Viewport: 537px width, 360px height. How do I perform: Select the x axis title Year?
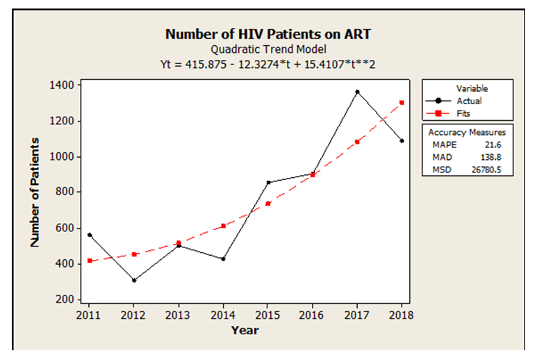[245, 330]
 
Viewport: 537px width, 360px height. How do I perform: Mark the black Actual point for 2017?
[358, 92]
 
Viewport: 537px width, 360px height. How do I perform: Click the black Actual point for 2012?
[134, 280]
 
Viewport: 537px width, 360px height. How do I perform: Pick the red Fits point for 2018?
[402, 103]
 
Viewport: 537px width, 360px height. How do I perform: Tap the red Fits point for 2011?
[90, 261]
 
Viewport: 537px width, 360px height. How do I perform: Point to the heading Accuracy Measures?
[467, 132]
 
